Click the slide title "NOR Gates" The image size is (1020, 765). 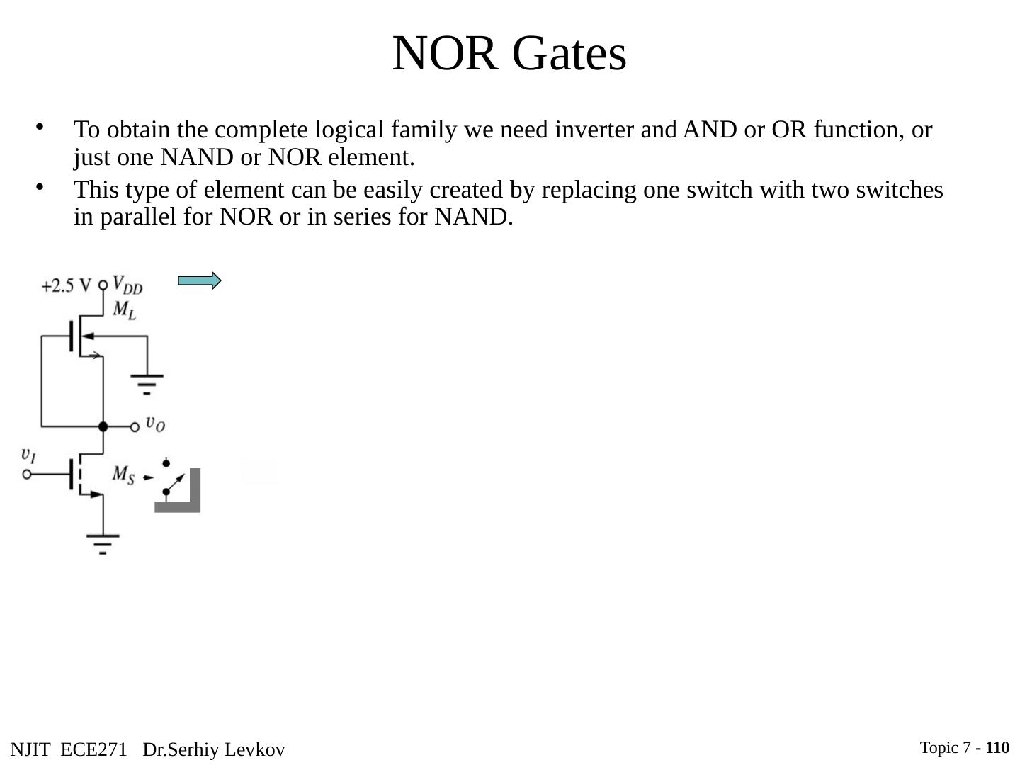pos(509,54)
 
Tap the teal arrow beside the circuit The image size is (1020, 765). pos(199,281)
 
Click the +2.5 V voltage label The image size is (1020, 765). pos(66,285)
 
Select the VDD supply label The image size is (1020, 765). pos(127,285)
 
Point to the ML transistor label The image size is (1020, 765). pos(124,310)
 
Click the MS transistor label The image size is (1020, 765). pos(123,474)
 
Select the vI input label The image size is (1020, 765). pos(28,454)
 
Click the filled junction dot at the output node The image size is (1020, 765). pos(103,426)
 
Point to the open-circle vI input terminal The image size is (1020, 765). pos(27,474)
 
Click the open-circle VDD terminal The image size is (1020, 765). pos(103,285)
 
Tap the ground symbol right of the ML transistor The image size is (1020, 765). pos(147,382)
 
